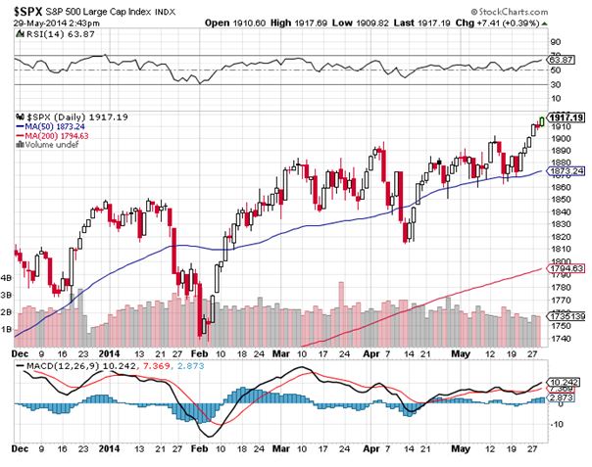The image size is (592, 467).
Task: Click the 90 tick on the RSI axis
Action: pos(555,42)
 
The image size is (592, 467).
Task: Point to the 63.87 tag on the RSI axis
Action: pos(561,61)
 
